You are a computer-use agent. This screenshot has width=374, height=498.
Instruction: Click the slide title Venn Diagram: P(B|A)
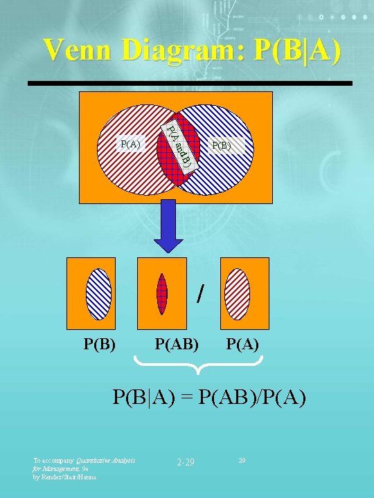click(192, 50)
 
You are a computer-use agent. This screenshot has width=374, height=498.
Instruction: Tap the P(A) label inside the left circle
click(130, 144)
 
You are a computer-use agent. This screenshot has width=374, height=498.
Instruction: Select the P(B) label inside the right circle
click(222, 145)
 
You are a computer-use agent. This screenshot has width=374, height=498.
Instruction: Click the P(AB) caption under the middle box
click(177, 342)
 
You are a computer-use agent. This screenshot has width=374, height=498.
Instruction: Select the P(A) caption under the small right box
click(242, 342)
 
